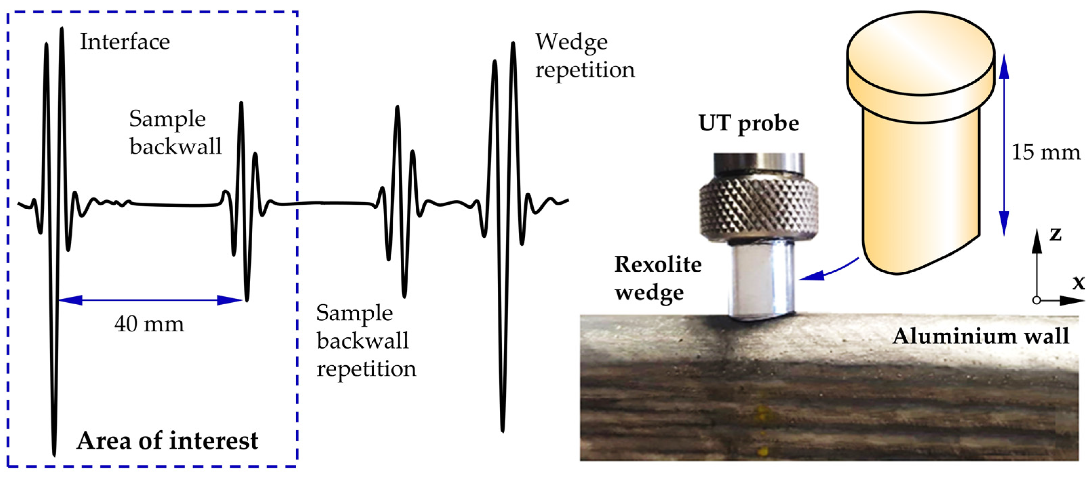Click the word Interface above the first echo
[x=125, y=42]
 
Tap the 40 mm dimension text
[x=149, y=324]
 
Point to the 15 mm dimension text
[x=1046, y=152]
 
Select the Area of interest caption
[x=167, y=441]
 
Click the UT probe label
[x=749, y=124]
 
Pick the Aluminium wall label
[x=981, y=336]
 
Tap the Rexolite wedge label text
[x=657, y=278]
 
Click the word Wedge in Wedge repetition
[x=571, y=42]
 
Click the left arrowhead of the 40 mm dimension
[x=70, y=300]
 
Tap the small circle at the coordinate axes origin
[x=1037, y=300]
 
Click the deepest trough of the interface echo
[x=54, y=453]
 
